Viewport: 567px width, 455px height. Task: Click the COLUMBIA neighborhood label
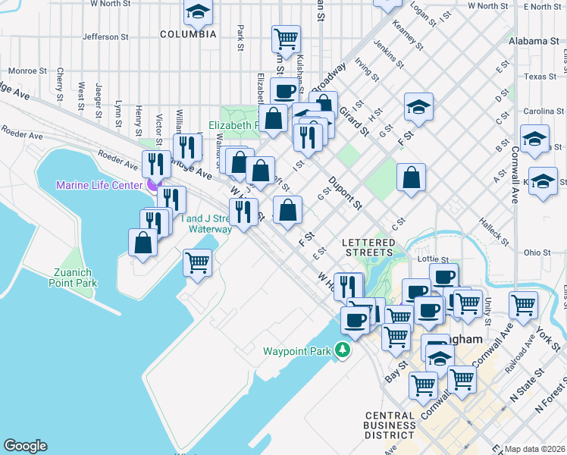point(188,34)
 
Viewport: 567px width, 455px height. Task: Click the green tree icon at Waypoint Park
point(343,350)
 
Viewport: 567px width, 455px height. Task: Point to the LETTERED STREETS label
point(369,246)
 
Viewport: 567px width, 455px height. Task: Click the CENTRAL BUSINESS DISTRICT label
point(390,425)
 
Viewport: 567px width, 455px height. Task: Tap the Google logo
point(25,446)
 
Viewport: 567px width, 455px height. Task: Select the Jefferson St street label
point(101,36)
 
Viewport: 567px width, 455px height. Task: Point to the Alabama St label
point(534,40)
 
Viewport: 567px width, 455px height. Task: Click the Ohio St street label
point(537,252)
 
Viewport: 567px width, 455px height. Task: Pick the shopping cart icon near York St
point(523,305)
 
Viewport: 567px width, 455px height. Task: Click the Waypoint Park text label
point(299,351)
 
